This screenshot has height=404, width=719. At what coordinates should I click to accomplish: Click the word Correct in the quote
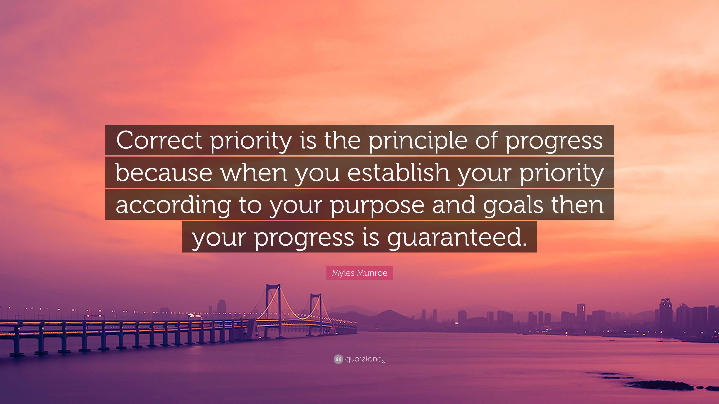point(159,140)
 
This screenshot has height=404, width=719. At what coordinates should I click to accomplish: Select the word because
point(164,173)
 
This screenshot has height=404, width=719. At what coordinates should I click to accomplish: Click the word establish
point(398,173)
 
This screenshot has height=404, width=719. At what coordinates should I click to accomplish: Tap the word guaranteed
point(457,238)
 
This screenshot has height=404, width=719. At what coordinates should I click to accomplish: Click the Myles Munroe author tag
point(359,273)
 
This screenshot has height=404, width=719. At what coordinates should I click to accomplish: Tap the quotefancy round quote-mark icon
point(338,359)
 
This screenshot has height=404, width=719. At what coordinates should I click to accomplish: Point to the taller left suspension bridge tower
point(273,304)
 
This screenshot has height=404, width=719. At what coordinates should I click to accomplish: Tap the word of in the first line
point(486,140)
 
